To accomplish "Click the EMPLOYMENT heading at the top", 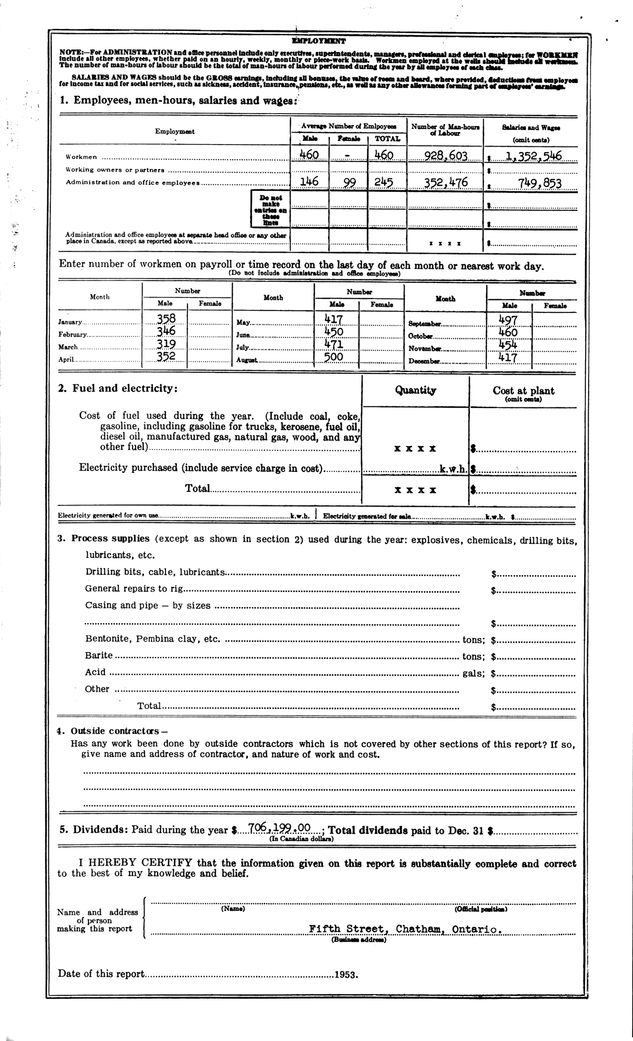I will pyautogui.click(x=319, y=41).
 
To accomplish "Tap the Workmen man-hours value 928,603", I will pyautogui.click(x=446, y=156).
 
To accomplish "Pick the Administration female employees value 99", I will pyautogui.click(x=349, y=183).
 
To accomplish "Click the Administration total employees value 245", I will pyautogui.click(x=384, y=182).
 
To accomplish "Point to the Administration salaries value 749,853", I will pyautogui.click(x=540, y=183).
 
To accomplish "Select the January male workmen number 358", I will pyautogui.click(x=166, y=319).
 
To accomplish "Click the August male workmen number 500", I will pyautogui.click(x=333, y=357).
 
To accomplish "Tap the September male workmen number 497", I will pyautogui.click(x=508, y=320).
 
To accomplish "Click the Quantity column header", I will pyautogui.click(x=415, y=391).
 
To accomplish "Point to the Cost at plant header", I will pyautogui.click(x=523, y=392).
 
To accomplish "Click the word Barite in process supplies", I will pyautogui.click(x=99, y=655).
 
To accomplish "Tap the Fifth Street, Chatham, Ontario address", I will pyautogui.click(x=405, y=929).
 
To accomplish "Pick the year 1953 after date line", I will pyautogui.click(x=346, y=974).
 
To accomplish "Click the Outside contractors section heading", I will pyautogui.click(x=115, y=731).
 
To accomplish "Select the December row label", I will pyautogui.click(x=424, y=361).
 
